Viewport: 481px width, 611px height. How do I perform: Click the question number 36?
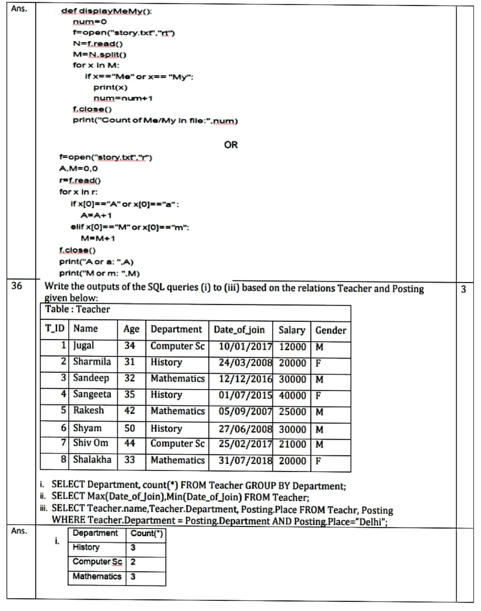pyautogui.click(x=16, y=286)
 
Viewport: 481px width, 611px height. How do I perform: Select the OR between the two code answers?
pyautogui.click(x=231, y=145)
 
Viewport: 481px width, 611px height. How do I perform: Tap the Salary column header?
pyautogui.click(x=292, y=330)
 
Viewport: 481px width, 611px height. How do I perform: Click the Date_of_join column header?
pyautogui.click(x=239, y=330)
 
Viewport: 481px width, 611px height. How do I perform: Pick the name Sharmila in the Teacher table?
pyautogui.click(x=92, y=362)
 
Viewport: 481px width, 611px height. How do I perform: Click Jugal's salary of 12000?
pyautogui.click(x=292, y=347)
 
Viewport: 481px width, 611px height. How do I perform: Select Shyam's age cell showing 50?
pyautogui.click(x=130, y=428)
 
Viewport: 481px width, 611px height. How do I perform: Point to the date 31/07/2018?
pyautogui.click(x=245, y=461)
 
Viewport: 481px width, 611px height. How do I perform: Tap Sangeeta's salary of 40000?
pyautogui.click(x=292, y=396)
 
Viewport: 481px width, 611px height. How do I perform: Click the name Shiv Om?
pyautogui.click(x=90, y=443)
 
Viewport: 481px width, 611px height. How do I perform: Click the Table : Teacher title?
pyautogui.click(x=78, y=309)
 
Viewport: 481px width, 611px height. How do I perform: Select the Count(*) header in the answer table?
pyautogui.click(x=147, y=533)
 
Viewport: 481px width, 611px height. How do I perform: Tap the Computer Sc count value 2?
pyautogui.click(x=133, y=562)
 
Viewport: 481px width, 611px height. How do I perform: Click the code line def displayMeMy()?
pyautogui.click(x=106, y=11)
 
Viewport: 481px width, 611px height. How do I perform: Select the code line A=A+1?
pyautogui.click(x=96, y=215)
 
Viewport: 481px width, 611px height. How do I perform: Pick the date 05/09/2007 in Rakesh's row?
pyautogui.click(x=245, y=411)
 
